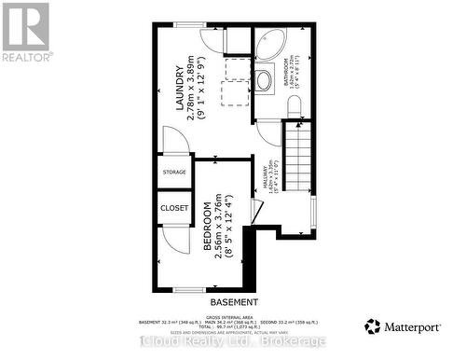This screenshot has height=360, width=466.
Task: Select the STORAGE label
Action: pyautogui.click(x=174, y=173)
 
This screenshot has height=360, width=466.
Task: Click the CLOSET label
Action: pyautogui.click(x=174, y=207)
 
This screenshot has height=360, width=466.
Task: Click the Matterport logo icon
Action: pyautogui.click(x=373, y=326)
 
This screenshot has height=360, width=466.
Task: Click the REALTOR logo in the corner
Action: pyautogui.click(x=25, y=31)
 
